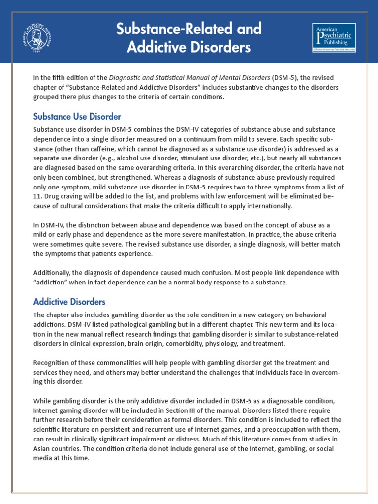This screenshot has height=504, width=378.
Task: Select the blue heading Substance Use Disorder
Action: (x=77, y=117)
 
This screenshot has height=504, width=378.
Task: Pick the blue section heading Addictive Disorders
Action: (x=69, y=301)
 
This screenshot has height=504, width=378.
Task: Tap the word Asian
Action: (x=43, y=448)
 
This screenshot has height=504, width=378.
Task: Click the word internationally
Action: (x=267, y=206)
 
